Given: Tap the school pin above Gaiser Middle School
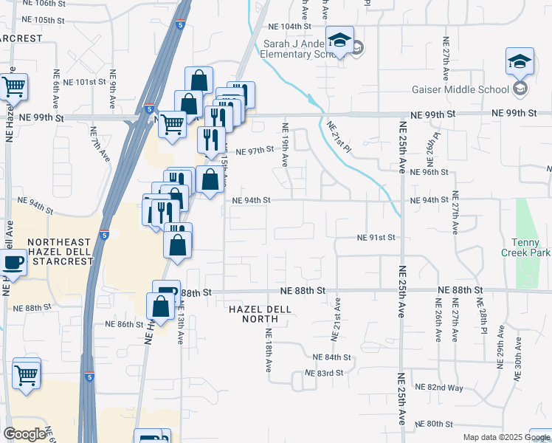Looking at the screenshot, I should click(520, 62).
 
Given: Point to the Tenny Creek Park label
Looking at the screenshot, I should click(531, 248).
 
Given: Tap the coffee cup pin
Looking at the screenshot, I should click(13, 263).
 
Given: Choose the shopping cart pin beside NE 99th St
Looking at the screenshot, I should click(172, 123).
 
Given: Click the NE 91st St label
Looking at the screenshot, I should click(376, 238).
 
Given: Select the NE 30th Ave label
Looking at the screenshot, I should click(518, 359).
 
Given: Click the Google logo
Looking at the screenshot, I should click(24, 433).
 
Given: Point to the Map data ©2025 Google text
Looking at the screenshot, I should click(506, 437).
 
